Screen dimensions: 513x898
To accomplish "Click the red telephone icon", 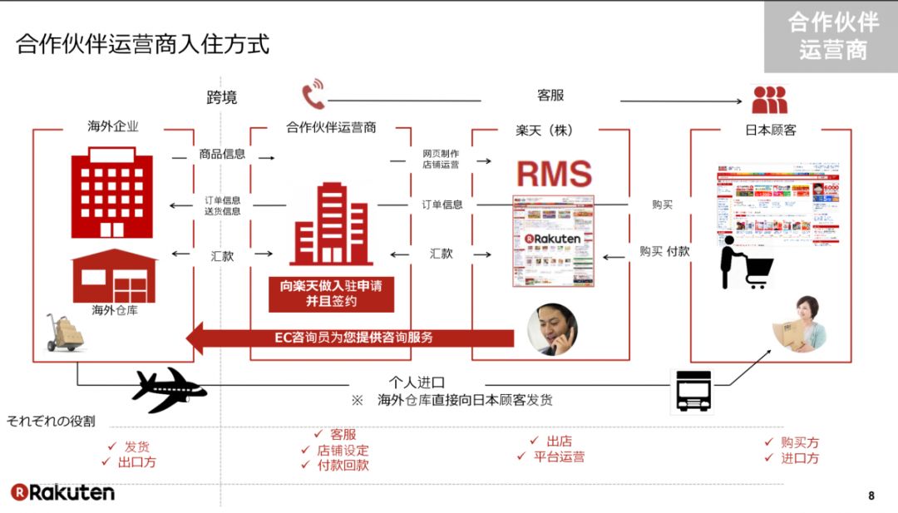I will click(313, 95).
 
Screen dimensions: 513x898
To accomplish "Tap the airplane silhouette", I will click(169, 388).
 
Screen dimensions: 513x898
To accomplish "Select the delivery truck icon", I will click(693, 391).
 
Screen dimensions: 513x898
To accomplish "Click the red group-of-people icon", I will click(769, 100).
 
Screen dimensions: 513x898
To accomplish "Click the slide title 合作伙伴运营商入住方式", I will click(143, 43).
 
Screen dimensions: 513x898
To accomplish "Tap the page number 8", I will click(871, 496).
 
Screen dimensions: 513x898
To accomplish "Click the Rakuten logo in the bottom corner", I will click(62, 492).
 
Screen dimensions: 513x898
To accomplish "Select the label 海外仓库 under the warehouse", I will click(114, 312).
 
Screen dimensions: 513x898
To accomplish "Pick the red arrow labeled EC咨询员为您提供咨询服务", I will click(349, 338).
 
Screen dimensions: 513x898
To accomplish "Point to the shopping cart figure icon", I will click(746, 264).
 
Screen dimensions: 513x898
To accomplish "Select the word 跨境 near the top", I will click(222, 97).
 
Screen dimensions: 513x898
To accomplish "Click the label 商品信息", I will click(222, 154).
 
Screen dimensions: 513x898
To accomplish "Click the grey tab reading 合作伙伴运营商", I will click(831, 37).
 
